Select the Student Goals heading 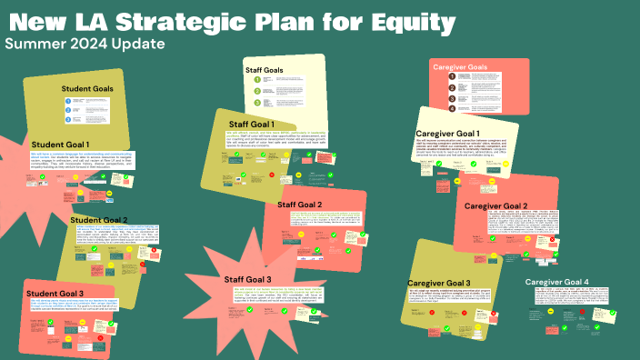[88, 88]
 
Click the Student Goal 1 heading [60, 144]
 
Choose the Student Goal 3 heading [55, 293]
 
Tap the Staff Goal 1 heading [263, 124]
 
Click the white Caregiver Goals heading [477, 66]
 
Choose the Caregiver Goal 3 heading [439, 284]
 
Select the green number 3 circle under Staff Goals [257, 103]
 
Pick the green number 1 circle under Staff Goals [257, 80]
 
